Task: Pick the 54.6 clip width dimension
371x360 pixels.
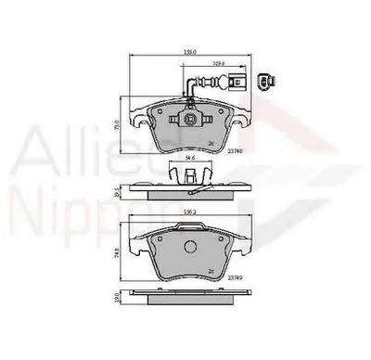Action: pyautogui.click(x=188, y=159)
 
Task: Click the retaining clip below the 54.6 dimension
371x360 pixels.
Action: pyautogui.click(x=188, y=173)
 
